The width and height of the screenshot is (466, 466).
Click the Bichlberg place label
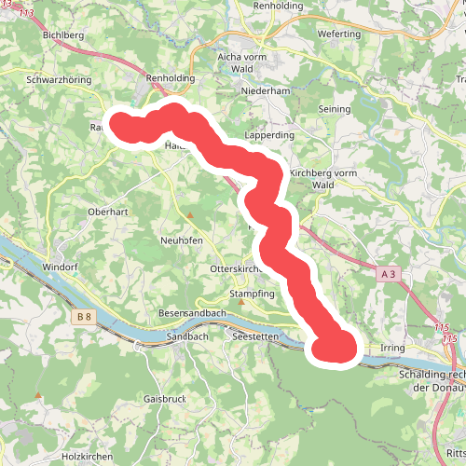[64, 34]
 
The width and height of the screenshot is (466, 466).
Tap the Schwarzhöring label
[60, 80]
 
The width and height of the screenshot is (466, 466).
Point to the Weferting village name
[338, 34]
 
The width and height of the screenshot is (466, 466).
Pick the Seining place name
[336, 109]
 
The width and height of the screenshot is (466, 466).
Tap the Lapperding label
[268, 135]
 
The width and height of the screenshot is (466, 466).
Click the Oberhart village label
[106, 212]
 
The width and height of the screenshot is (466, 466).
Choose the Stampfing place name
[253, 294]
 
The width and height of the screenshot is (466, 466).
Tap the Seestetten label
[258, 336]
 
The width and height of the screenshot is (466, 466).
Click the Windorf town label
[61, 267]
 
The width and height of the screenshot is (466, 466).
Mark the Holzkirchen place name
[87, 457]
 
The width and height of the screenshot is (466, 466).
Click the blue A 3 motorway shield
[390, 274]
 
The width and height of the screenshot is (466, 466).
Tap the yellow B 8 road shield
[84, 317]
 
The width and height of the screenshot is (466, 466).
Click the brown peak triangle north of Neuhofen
[190, 216]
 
